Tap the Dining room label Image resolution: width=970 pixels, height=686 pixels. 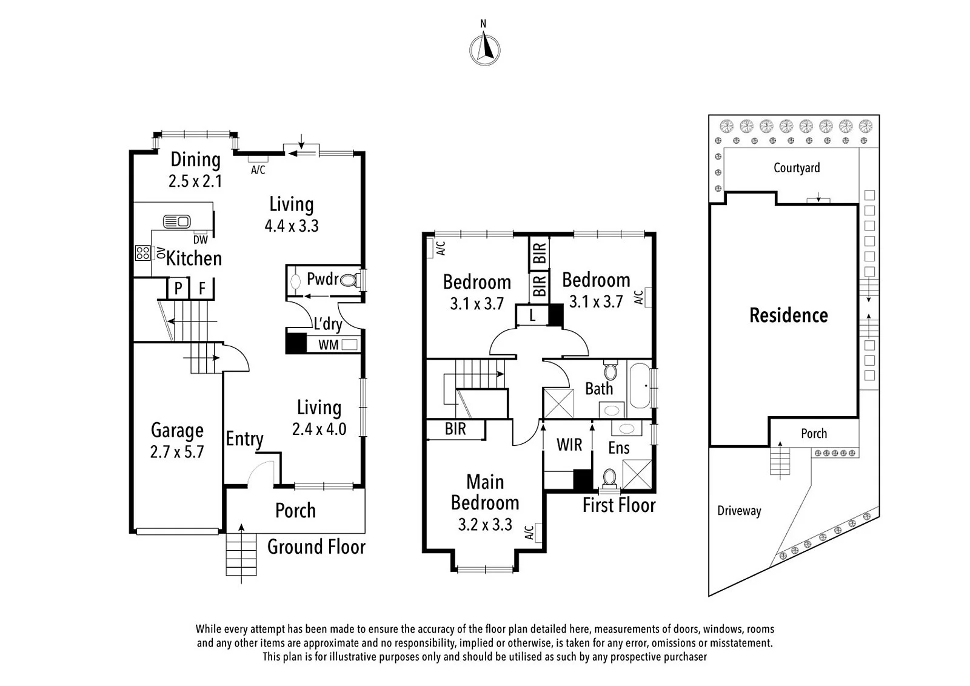195,160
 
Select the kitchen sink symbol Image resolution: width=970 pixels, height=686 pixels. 176,221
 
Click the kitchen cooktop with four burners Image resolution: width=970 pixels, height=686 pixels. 142,253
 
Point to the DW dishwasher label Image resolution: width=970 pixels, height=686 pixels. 201,240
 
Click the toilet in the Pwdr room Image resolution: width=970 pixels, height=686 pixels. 349,280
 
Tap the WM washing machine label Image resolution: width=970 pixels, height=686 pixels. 328,345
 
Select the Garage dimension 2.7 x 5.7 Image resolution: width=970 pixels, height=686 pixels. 176,452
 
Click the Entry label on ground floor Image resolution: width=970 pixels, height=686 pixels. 244,439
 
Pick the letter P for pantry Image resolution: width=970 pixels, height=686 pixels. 178,288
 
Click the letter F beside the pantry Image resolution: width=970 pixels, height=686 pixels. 202,288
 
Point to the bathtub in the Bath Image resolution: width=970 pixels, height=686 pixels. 639,386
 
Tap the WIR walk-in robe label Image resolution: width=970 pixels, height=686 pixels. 569,445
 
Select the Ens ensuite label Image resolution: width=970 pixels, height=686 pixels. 618,448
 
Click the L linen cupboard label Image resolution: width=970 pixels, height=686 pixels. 532,315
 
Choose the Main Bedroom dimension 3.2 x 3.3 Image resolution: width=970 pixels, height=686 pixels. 485,525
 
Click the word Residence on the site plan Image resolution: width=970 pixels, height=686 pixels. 788,315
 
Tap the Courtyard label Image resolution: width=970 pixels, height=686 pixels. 797,167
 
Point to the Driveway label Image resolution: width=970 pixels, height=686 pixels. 739,511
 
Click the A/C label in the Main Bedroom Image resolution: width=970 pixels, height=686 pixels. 529,533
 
